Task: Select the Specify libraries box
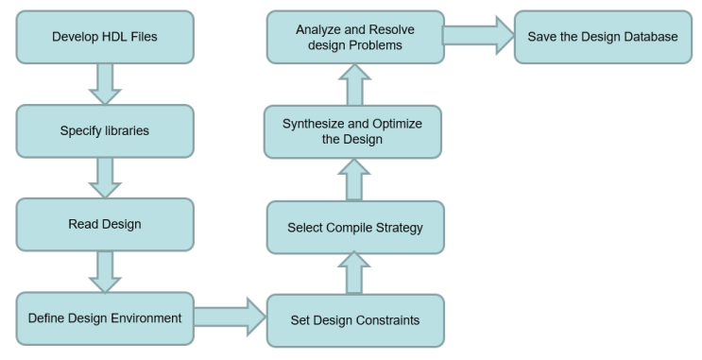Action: (105, 130)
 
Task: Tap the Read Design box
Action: (105, 224)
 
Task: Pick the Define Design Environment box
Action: (105, 317)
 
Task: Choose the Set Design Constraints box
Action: (354, 319)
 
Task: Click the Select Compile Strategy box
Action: (354, 227)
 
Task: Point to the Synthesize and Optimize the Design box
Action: (354, 132)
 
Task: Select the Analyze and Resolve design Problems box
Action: (354, 37)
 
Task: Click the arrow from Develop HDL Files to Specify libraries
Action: (105, 83)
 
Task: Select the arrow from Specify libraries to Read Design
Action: (105, 177)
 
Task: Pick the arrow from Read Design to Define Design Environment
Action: (105, 271)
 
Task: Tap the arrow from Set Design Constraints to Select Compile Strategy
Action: (354, 273)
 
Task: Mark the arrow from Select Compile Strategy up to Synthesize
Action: (354, 180)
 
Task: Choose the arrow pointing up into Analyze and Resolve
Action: (354, 85)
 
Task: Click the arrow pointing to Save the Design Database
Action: (478, 37)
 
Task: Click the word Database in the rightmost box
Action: (648, 36)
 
